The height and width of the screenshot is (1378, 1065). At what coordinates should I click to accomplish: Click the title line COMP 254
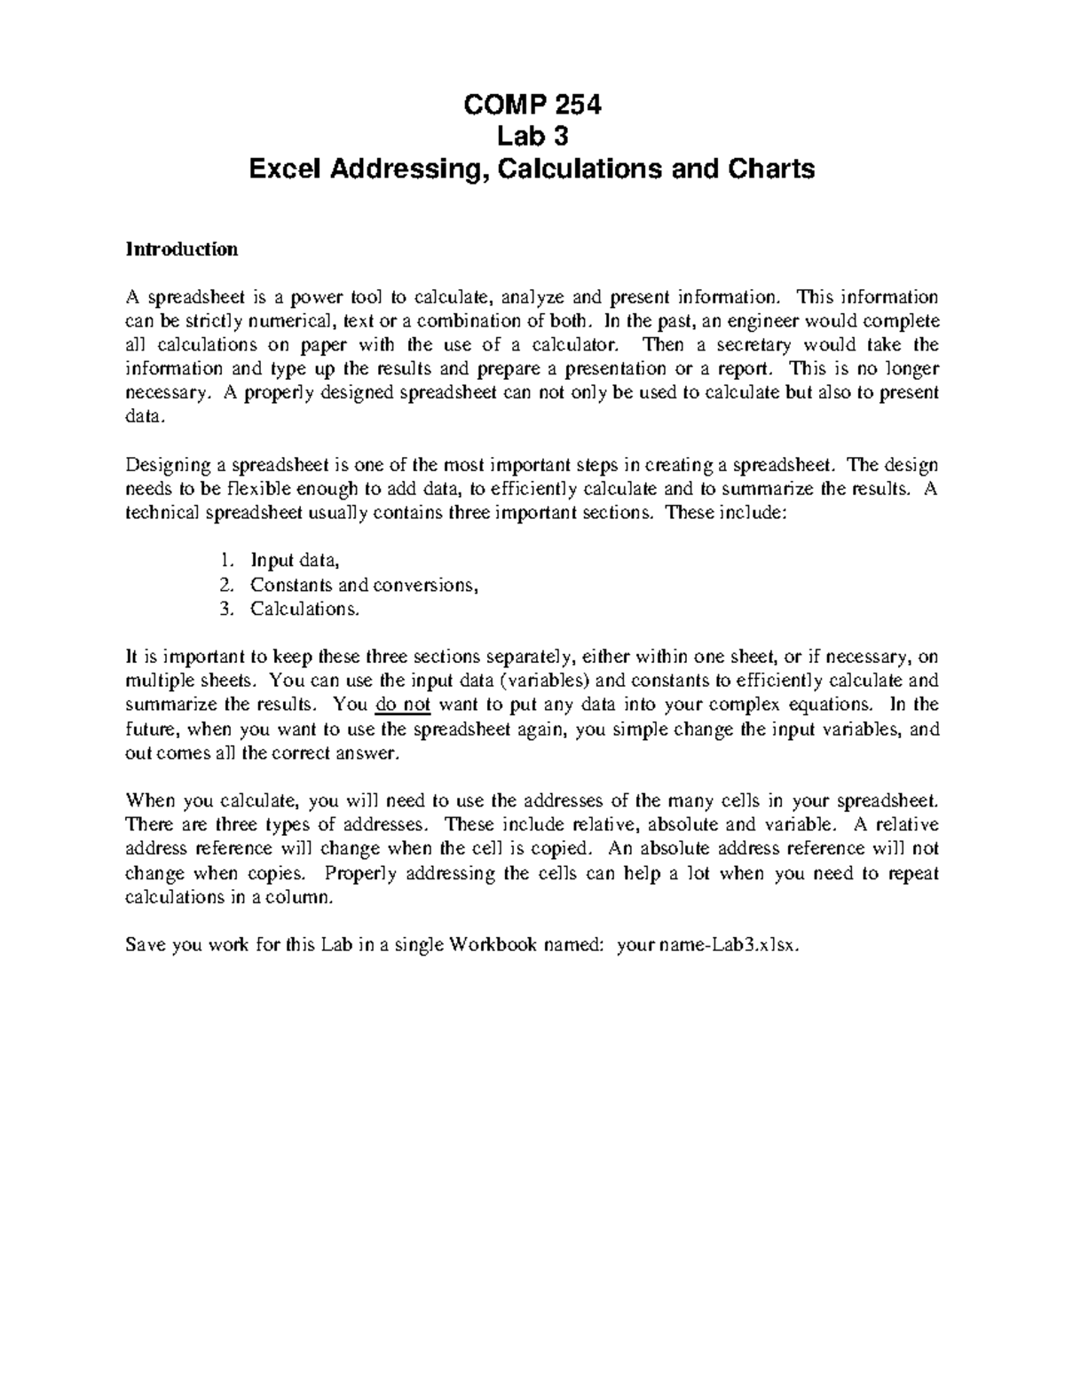[x=532, y=106]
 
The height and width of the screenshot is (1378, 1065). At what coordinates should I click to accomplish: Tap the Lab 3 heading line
[x=532, y=137]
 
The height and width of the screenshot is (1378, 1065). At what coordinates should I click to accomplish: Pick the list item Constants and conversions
[x=364, y=585]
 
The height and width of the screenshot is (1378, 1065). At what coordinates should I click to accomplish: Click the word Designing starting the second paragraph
[x=169, y=465]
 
